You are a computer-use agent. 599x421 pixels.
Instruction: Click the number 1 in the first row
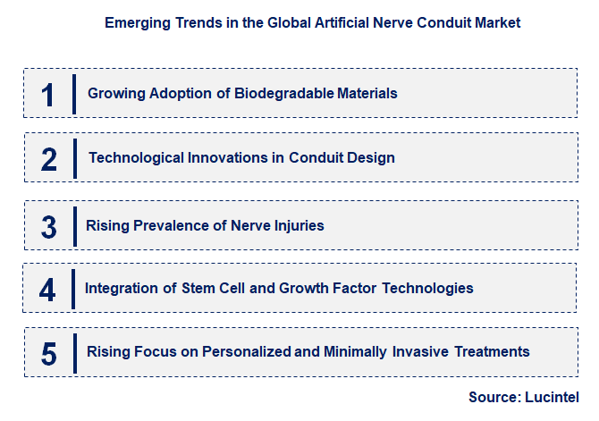click(x=48, y=94)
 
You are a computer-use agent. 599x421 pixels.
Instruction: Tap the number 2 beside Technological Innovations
click(x=49, y=159)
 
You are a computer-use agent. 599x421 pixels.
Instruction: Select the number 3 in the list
click(x=49, y=226)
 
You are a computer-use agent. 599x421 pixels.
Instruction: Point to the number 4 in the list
click(x=48, y=290)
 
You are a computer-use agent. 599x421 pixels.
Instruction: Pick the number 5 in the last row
click(x=49, y=353)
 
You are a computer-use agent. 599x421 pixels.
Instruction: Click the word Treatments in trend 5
click(x=492, y=352)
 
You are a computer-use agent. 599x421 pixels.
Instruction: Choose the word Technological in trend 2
click(x=135, y=158)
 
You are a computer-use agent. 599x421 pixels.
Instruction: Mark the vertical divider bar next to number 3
click(x=73, y=225)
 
